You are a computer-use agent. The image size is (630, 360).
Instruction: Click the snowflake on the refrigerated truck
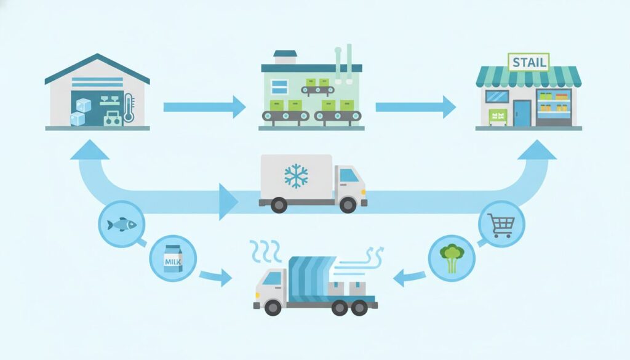tap(296, 175)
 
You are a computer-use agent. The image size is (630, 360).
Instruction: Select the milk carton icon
tap(172, 260)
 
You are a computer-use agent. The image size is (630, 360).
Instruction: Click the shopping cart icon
tap(501, 224)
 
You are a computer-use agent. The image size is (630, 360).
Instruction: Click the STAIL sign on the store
tap(528, 62)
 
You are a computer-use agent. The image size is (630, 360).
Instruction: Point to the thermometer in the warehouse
tap(128, 107)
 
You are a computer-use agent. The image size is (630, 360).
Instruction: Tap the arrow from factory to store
tap(415, 106)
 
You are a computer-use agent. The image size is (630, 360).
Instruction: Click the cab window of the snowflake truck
tap(349, 175)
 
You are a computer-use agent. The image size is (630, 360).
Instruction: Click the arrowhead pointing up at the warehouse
tap(90, 149)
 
